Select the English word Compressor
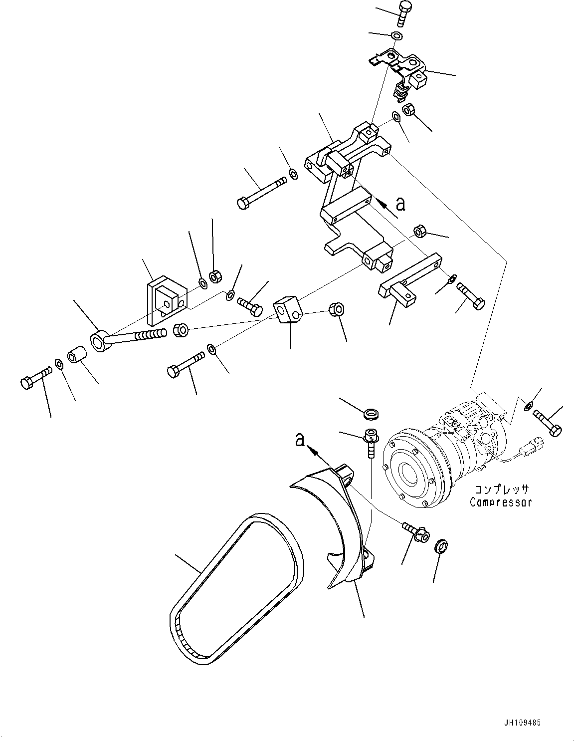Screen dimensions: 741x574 click(x=500, y=502)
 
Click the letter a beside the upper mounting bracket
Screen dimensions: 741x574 click(x=400, y=203)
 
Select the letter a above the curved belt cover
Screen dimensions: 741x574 click(x=299, y=439)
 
